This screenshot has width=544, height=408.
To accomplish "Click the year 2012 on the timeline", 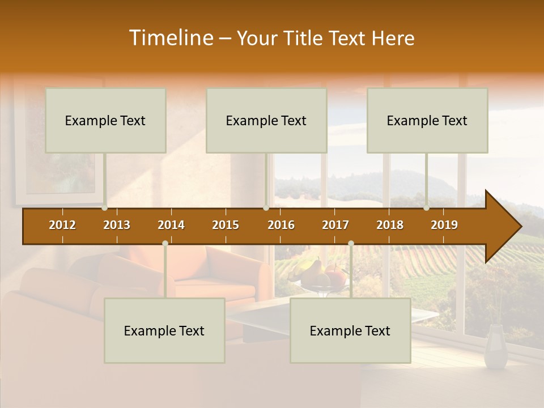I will pos(62,225).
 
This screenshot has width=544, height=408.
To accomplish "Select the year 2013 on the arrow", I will pos(117,225).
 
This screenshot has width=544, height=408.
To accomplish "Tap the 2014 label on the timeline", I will pos(171,225).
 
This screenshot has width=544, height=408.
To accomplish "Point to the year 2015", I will pos(226,225).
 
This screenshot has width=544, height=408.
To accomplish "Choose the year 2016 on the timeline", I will pos(281,225).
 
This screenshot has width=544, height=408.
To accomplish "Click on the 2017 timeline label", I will pos(335,225).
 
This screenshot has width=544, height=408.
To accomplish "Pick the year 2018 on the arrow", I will pos(390,225).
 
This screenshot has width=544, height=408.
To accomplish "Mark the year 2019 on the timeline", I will pos(444,225).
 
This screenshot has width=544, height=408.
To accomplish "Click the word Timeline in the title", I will pos(170,38).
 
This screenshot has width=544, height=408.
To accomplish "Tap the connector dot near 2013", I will pos(105,208).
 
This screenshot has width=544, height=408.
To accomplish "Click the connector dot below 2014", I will pos(165,244).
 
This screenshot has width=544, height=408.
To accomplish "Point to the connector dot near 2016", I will pos(266,208).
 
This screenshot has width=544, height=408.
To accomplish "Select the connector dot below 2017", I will pos(351,244).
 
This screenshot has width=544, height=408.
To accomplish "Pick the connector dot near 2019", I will pos(427,208).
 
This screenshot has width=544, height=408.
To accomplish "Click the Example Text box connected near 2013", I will pos(105,120).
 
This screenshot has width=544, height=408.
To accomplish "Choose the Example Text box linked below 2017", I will pos(350,330).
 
